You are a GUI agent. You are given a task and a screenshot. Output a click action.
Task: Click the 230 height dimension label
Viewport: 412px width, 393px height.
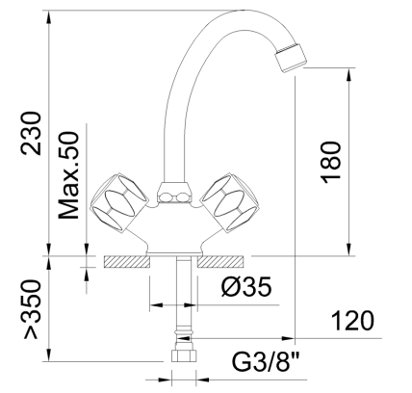pyautogui.click(x=32, y=135)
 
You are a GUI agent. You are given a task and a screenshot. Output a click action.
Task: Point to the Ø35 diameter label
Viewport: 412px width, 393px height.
pyautogui.click(x=244, y=288)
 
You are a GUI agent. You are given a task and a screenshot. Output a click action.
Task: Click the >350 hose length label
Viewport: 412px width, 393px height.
pyautogui.click(x=33, y=311)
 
